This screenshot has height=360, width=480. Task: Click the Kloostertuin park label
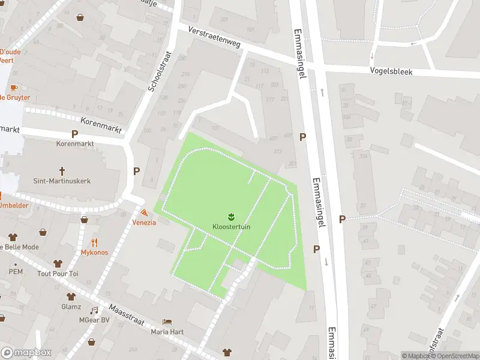231,227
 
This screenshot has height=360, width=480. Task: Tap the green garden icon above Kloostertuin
231,216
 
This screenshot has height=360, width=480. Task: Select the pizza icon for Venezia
145,212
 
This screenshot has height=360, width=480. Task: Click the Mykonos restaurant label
94,252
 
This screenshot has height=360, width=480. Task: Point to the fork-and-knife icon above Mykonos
94,242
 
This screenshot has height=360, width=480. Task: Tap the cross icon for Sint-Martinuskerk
62,171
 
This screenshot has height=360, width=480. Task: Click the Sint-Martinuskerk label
62,181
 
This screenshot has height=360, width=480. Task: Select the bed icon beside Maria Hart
167,322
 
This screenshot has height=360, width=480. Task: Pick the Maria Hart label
167,332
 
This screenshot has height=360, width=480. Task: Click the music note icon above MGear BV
94,310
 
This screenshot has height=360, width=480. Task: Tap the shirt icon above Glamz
71,296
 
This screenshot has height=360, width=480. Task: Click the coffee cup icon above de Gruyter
14,88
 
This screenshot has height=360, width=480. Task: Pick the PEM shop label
16,272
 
